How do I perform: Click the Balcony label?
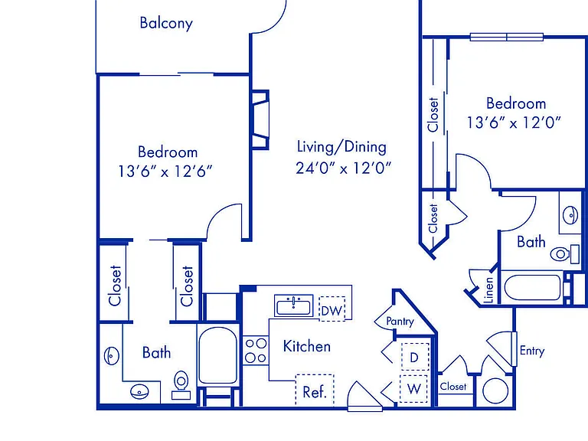click(166, 23)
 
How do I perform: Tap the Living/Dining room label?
click(341, 147)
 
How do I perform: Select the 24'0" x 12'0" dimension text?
click(344, 168)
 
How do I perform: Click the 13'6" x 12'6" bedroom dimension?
click(165, 171)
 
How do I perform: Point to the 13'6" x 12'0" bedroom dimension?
click(514, 122)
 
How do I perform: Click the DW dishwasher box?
click(332, 309)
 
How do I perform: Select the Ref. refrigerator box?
click(315, 390)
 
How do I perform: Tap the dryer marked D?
click(414, 357)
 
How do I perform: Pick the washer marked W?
click(414, 389)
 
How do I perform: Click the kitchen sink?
click(294, 305)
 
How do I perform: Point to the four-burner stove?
click(256, 350)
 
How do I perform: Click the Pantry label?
click(400, 322)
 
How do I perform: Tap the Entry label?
click(532, 351)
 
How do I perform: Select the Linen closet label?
click(488, 290)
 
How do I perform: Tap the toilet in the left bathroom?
click(181, 385)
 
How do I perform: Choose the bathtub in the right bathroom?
click(533, 287)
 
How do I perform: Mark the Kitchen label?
click(307, 346)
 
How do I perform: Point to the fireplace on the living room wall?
click(260, 119)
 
